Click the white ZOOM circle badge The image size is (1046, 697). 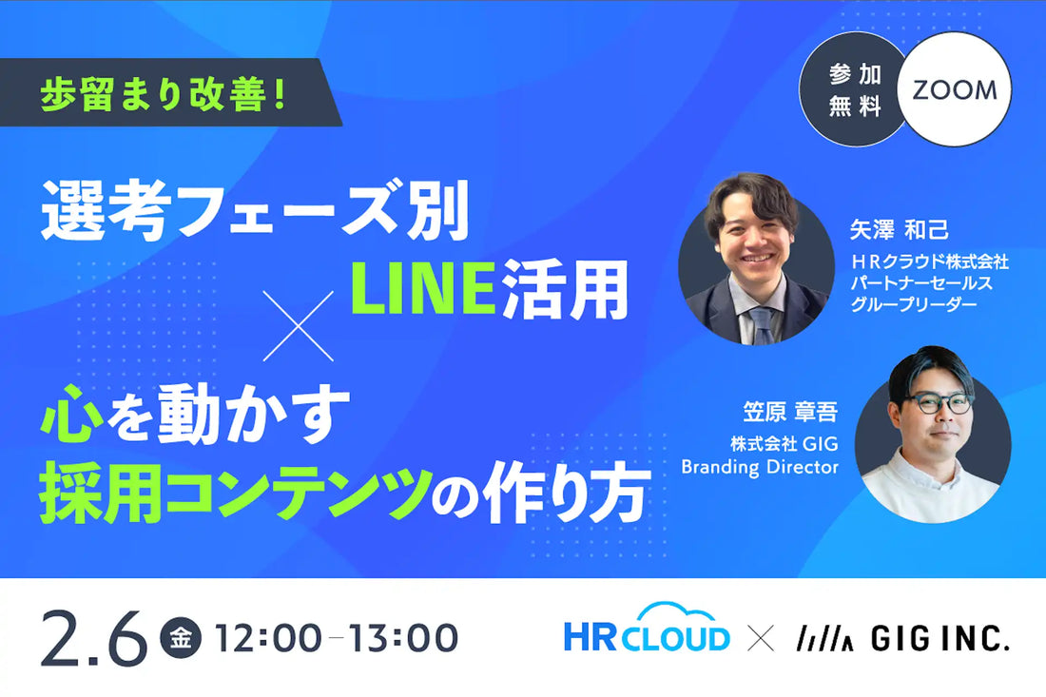tap(954, 91)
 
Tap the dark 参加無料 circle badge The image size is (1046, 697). tap(854, 91)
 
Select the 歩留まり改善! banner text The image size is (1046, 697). tap(164, 97)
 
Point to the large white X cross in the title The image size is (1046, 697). tap(299, 325)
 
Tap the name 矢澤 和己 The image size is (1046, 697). tap(900, 230)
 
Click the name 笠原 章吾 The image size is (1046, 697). tap(790, 412)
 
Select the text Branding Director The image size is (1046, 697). tap(760, 467)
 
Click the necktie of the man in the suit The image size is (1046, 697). tap(761, 323)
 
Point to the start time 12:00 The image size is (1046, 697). tap(267, 637)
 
